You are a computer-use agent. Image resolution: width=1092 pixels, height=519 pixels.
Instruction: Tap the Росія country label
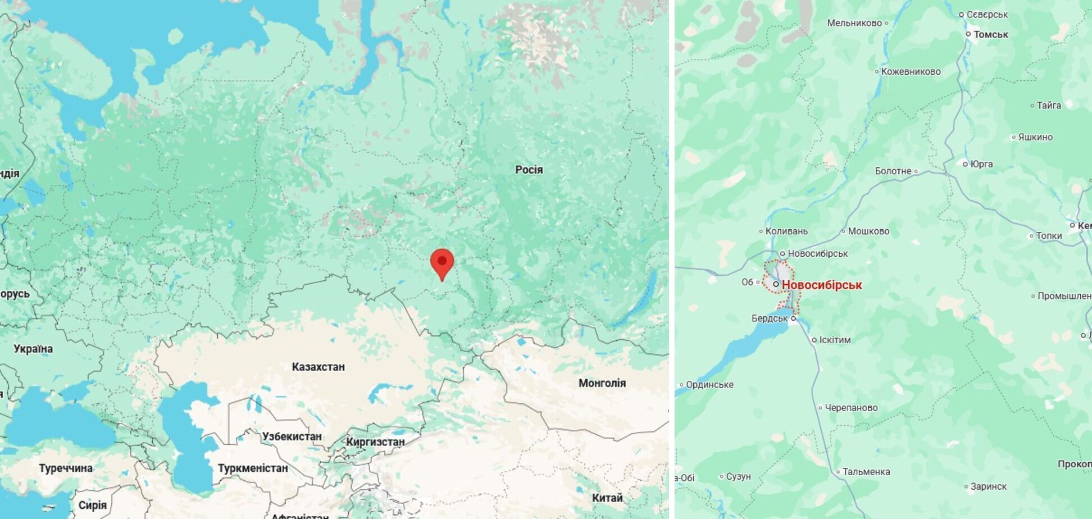529,170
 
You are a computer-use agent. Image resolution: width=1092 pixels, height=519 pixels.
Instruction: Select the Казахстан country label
318,367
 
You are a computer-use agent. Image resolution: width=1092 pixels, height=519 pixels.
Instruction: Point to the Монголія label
602,383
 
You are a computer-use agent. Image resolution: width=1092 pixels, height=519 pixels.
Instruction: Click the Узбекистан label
292,436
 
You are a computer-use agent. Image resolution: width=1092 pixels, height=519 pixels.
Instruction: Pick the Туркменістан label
252,468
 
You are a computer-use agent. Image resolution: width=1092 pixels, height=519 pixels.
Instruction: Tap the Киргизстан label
375,442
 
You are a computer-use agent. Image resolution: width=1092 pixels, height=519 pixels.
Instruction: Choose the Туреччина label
65,468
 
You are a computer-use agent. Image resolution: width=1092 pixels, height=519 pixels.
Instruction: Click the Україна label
33,349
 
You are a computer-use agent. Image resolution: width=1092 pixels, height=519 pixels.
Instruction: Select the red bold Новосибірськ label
821,285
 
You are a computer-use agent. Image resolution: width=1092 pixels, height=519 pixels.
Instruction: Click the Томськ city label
990,34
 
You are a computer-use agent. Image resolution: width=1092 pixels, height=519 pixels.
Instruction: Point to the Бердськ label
770,318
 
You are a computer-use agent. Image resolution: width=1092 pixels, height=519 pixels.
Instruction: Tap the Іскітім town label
835,340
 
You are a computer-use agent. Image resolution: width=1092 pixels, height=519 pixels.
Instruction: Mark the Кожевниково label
911,71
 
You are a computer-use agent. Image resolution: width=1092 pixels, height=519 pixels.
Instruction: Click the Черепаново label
851,408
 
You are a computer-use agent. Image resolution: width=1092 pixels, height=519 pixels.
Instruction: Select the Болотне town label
893,171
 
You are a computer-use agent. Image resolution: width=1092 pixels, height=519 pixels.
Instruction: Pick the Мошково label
868,231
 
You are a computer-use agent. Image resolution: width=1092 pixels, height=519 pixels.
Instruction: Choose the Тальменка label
866,472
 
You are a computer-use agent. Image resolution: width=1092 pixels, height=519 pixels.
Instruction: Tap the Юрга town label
981,164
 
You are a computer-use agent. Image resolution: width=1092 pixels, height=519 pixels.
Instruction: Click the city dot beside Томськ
968,34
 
